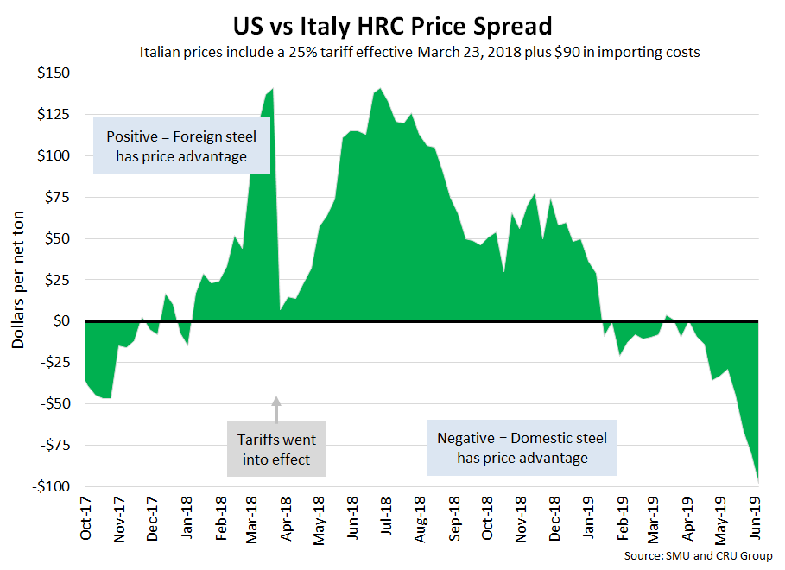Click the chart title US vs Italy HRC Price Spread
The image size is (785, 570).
coord(393,22)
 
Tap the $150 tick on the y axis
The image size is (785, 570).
coord(54,73)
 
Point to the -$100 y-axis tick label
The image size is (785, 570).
coord(51,486)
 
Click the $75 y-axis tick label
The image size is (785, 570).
coord(57,197)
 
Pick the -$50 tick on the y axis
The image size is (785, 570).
coord(54,403)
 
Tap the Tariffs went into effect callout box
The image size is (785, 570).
coord(276,449)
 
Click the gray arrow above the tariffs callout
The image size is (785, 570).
coord(276,406)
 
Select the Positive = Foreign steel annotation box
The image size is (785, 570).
coord(181,146)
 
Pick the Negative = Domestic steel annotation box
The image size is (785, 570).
coord(522,447)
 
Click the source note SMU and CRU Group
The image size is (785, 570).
coord(698,555)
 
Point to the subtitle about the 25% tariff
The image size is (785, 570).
coord(419,52)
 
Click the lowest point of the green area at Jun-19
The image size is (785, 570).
coord(758,482)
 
